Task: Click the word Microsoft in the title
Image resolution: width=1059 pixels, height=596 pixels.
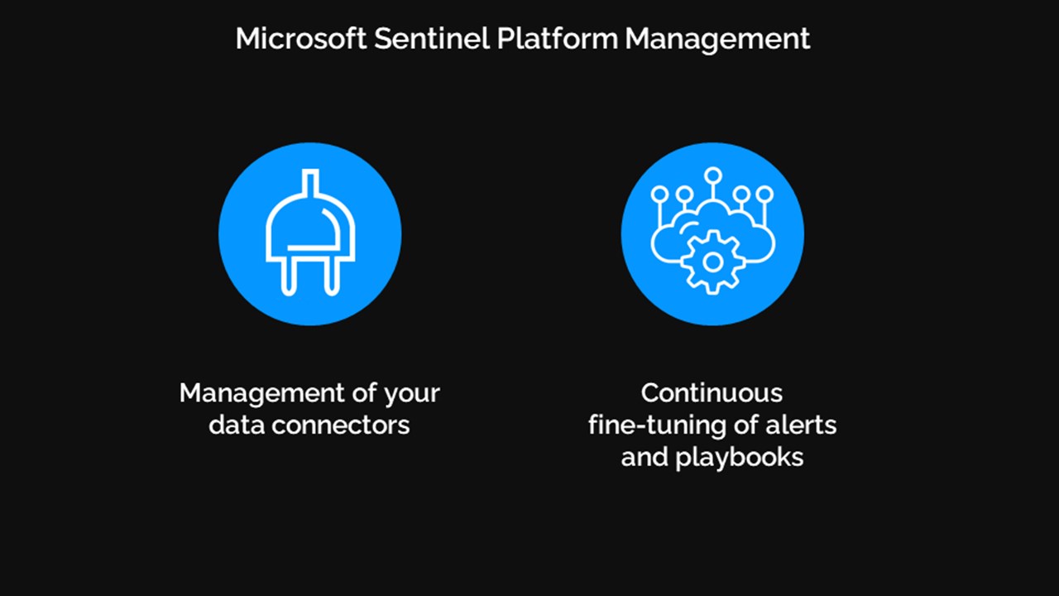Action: pyautogui.click(x=300, y=39)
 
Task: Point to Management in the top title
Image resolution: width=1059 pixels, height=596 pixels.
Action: pyautogui.click(x=717, y=39)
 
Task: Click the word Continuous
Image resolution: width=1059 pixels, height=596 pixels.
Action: pyautogui.click(x=712, y=392)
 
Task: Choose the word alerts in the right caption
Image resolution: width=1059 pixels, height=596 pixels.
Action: pyautogui.click(x=798, y=425)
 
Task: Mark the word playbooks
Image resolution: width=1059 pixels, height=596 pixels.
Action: pyautogui.click(x=740, y=458)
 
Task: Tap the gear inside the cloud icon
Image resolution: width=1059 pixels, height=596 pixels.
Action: pyautogui.click(x=712, y=262)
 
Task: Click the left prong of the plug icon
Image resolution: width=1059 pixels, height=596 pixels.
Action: pyautogui.click(x=289, y=274)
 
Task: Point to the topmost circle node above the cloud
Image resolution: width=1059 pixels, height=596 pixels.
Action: pyautogui.click(x=712, y=175)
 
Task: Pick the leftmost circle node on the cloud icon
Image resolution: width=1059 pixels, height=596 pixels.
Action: pyautogui.click(x=659, y=195)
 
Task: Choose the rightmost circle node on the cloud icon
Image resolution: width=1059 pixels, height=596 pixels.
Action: pyautogui.click(x=764, y=195)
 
